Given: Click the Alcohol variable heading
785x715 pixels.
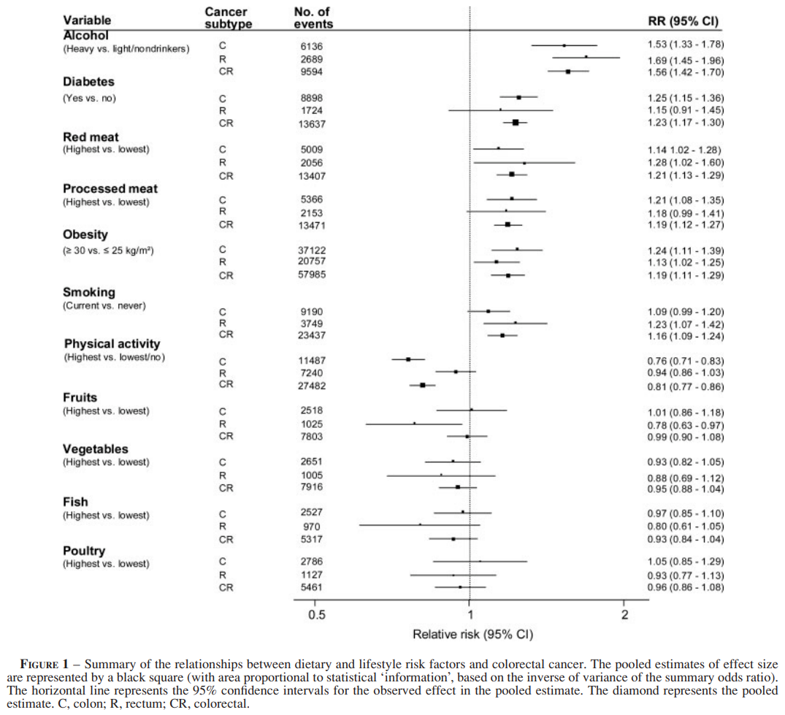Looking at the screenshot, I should [x=85, y=34].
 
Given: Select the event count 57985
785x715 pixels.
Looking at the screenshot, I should [x=307, y=275].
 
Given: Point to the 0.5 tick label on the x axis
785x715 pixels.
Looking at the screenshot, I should [x=316, y=614].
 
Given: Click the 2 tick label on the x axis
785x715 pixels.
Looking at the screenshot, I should [x=624, y=614].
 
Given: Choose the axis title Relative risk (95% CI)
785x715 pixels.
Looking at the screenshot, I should [x=473, y=634].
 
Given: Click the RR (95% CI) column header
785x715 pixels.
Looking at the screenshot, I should [x=683, y=21].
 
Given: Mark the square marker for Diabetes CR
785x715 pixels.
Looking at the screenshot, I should [x=516, y=123].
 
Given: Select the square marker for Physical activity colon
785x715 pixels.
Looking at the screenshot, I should [x=408, y=359].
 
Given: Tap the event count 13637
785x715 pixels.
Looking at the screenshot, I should [x=307, y=123].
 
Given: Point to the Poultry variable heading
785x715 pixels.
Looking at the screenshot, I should [x=84, y=551].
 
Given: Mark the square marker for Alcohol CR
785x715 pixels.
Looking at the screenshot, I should [x=568, y=72].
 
